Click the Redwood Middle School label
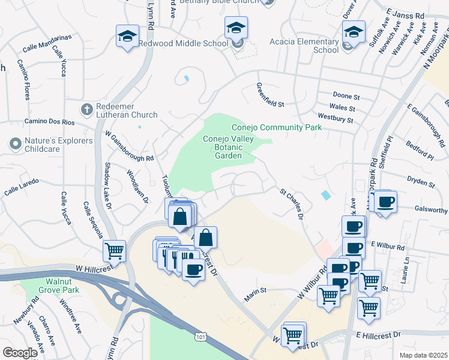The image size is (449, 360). click(183, 43)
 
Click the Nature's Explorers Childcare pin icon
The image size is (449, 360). click(14, 144)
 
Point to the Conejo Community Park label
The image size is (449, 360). click(277, 127)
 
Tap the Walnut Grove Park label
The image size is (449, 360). click(70, 287)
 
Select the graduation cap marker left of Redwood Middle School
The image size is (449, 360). click(127, 37)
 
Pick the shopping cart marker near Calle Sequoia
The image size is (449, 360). click(114, 251)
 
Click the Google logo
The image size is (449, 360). click(20, 352)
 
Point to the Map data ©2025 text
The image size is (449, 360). click(423, 355)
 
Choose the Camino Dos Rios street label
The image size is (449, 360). click(49, 121)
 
